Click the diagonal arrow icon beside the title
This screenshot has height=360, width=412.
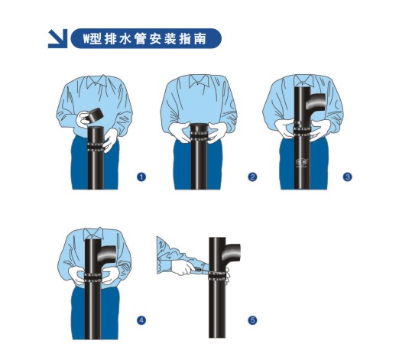(58, 39)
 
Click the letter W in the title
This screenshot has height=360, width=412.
(86, 39)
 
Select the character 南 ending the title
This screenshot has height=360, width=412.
(200, 39)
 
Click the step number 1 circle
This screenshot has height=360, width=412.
(141, 177)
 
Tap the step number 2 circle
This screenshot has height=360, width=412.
(252, 177)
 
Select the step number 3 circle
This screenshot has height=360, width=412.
(347, 177)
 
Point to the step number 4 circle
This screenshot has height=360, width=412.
(141, 320)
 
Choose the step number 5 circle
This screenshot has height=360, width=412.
(252, 320)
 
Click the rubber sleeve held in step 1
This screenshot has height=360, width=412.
(96, 115)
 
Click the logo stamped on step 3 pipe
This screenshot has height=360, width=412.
(300, 162)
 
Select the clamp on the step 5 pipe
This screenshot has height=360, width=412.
(218, 276)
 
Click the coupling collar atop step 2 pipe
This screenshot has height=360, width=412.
(199, 130)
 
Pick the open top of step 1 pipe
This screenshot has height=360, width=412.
(95, 128)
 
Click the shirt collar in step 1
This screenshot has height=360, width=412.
(97, 81)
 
